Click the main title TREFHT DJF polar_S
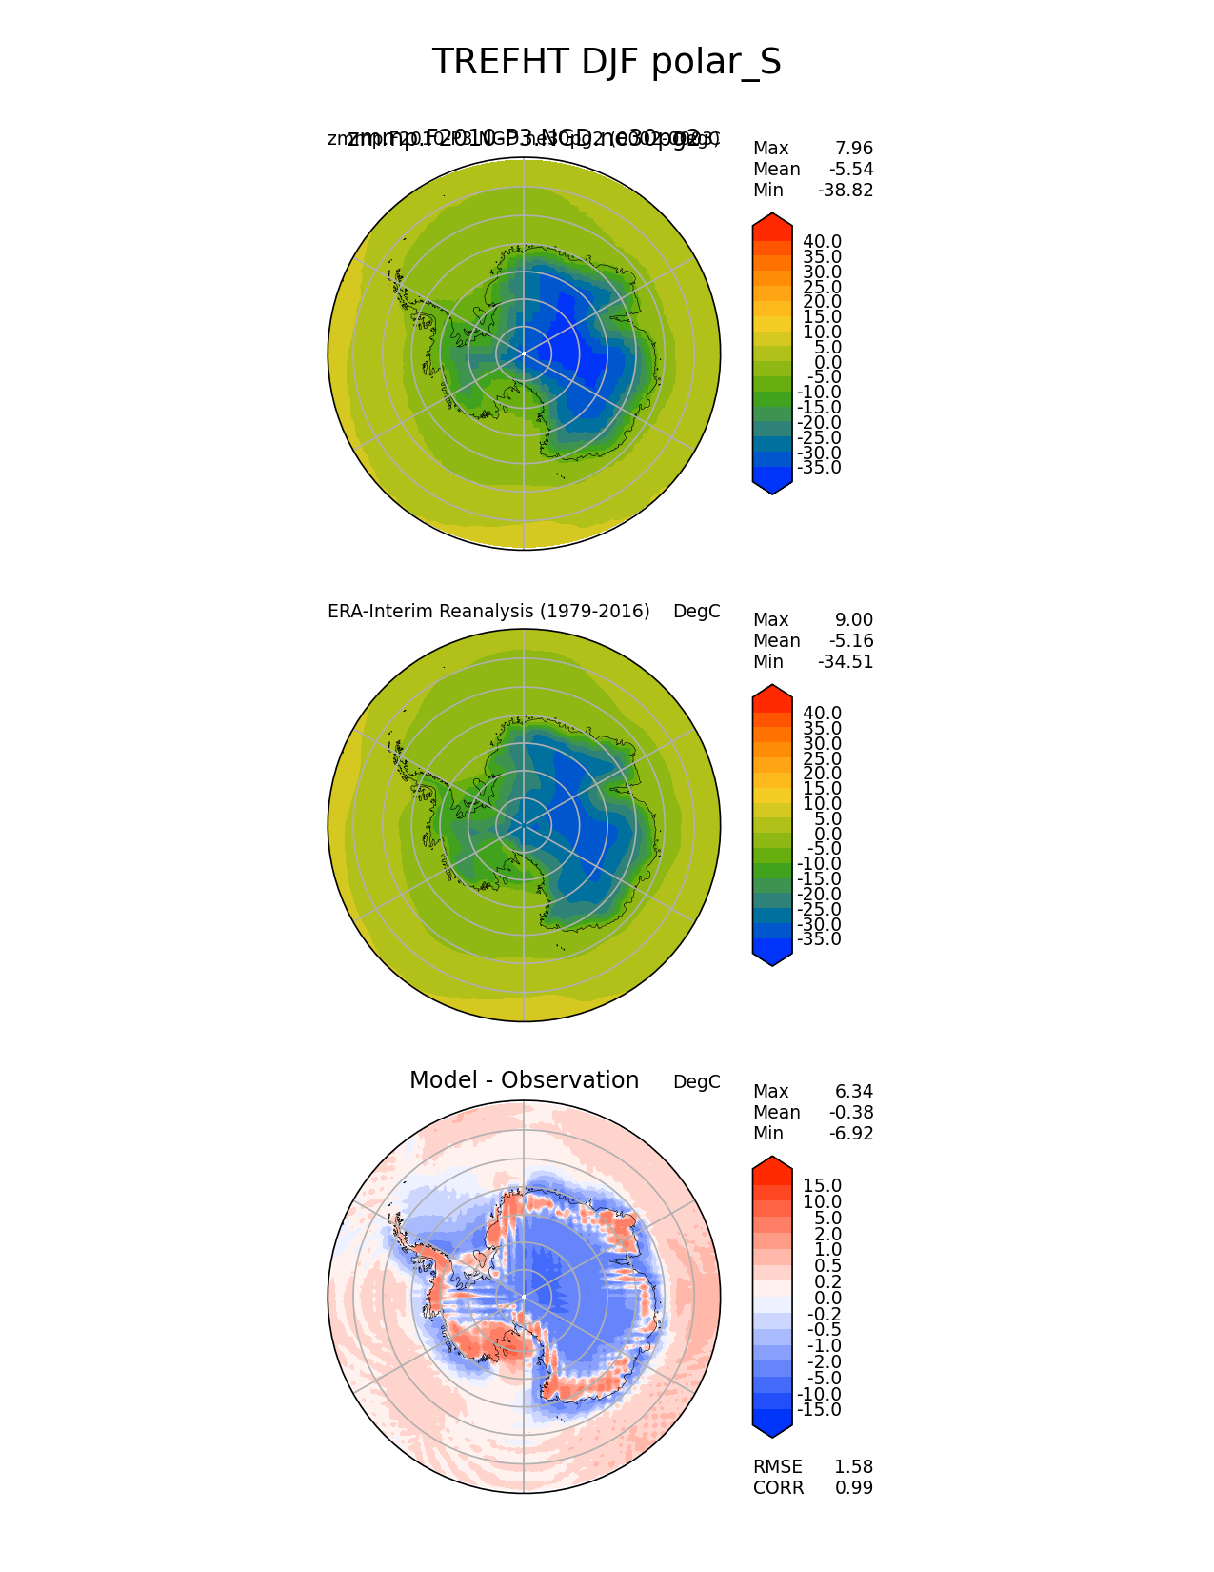pos(607,62)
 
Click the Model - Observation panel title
pos(524,1080)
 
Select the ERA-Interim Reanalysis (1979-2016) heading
pos(488,612)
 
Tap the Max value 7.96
pos(853,149)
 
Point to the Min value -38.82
pos(846,191)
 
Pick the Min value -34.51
pos(846,662)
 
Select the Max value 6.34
pos(853,1092)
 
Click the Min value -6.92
pos(850,1134)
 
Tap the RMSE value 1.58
pos(853,1467)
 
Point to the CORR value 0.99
pos(853,1488)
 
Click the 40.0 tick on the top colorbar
pos(823,242)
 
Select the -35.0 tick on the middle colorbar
pos(820,939)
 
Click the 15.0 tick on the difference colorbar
pos(823,1186)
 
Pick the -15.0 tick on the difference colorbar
pos(820,1410)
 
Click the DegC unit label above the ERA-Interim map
pos(697,612)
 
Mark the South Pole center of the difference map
pos(524,1297)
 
